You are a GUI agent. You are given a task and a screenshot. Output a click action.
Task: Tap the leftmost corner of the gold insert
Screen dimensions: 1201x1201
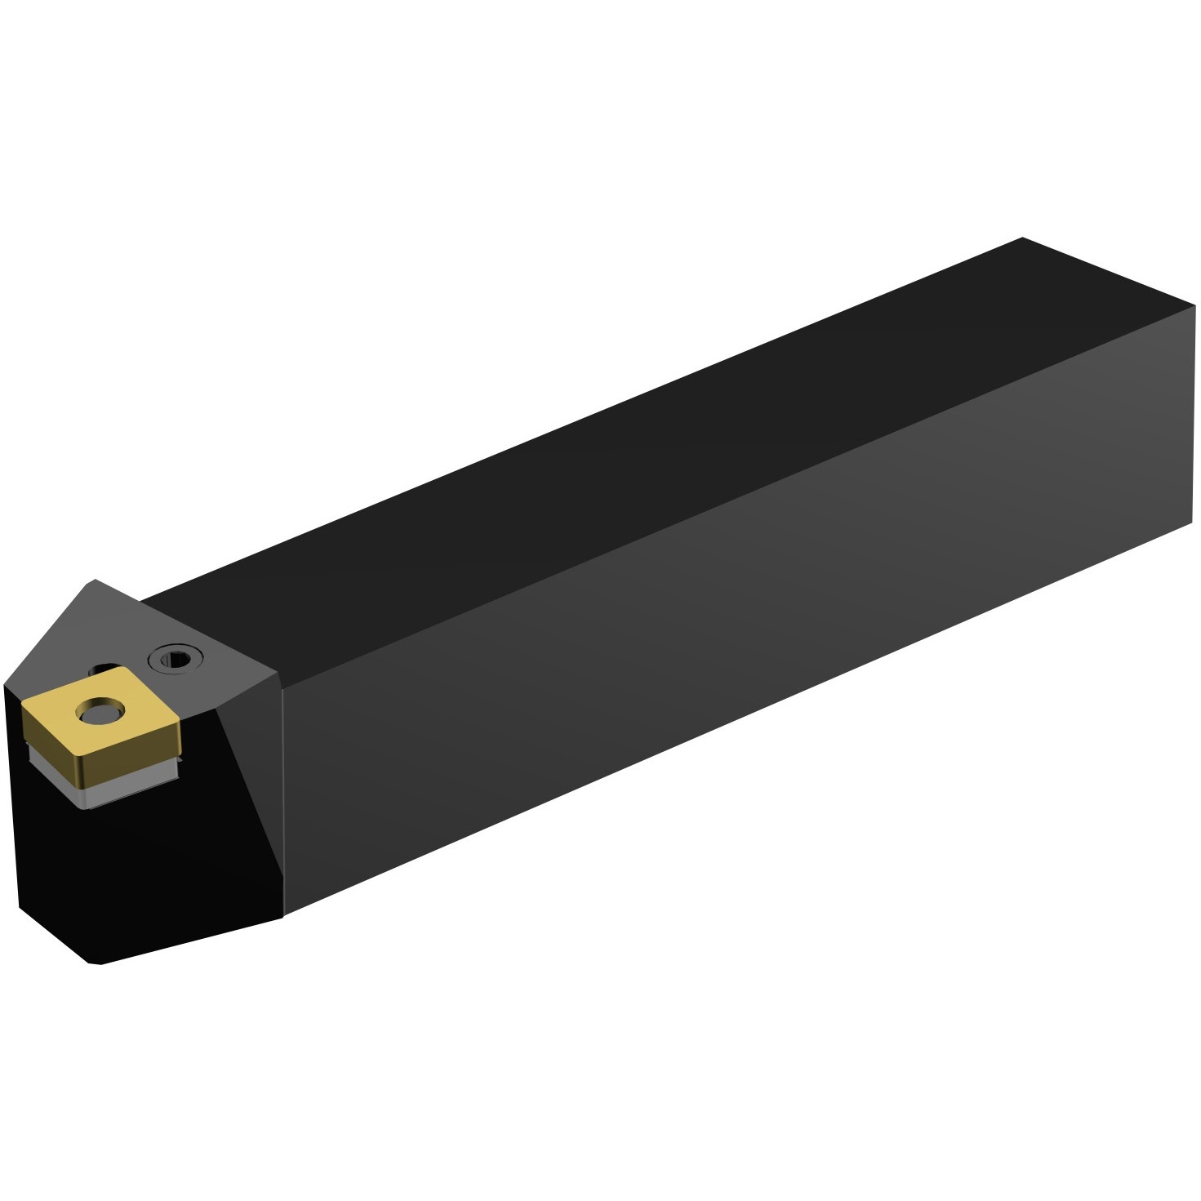[23, 709]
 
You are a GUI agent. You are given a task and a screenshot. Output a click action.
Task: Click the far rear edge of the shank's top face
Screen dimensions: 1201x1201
[1110, 274]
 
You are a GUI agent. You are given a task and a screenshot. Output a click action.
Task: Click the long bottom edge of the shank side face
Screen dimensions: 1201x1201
[735, 718]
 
